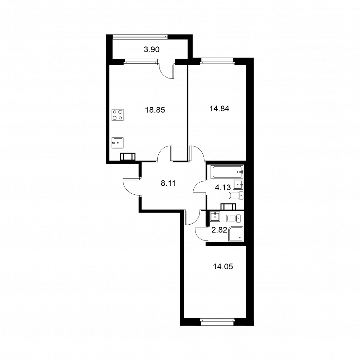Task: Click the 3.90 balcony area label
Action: (x=152, y=49)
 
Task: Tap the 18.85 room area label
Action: (x=155, y=110)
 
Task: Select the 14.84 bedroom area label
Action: (x=219, y=109)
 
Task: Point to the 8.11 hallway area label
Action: (x=168, y=183)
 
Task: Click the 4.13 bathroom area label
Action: (x=223, y=188)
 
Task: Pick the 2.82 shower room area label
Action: (x=219, y=230)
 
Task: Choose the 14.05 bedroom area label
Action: (x=223, y=266)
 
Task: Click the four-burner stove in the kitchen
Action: (x=118, y=115)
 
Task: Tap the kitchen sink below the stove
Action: (x=118, y=143)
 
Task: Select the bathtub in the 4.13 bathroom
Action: (x=228, y=172)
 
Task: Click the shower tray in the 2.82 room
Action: (x=235, y=234)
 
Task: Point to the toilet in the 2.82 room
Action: (x=233, y=219)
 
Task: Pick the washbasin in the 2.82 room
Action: (x=215, y=216)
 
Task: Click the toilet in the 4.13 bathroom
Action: (x=236, y=195)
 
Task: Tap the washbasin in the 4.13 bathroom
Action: (x=238, y=185)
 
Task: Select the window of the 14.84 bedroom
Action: (x=217, y=60)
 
